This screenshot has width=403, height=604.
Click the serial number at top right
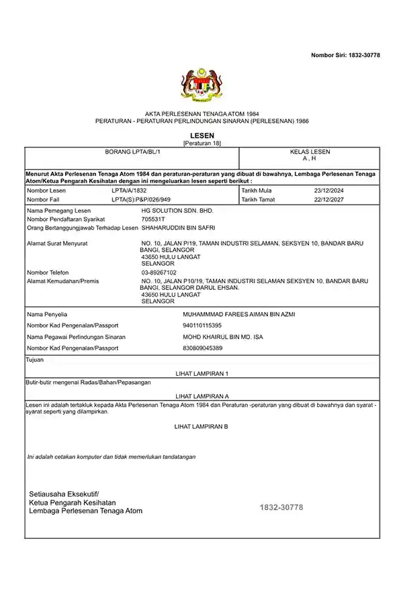345,54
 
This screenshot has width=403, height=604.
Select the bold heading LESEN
201,136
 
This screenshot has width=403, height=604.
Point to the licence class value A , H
310,158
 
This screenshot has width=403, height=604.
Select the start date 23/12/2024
328,191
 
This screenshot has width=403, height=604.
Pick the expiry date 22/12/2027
328,199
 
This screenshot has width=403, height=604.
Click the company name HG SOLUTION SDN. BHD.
177,211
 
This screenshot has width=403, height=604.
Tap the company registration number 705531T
153,219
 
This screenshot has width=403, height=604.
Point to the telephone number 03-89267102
159,272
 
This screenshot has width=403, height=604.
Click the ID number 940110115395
202,325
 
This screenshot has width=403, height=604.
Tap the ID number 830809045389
202,348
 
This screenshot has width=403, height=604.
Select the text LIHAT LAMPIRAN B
201,426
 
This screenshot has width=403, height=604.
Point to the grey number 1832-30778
281,507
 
